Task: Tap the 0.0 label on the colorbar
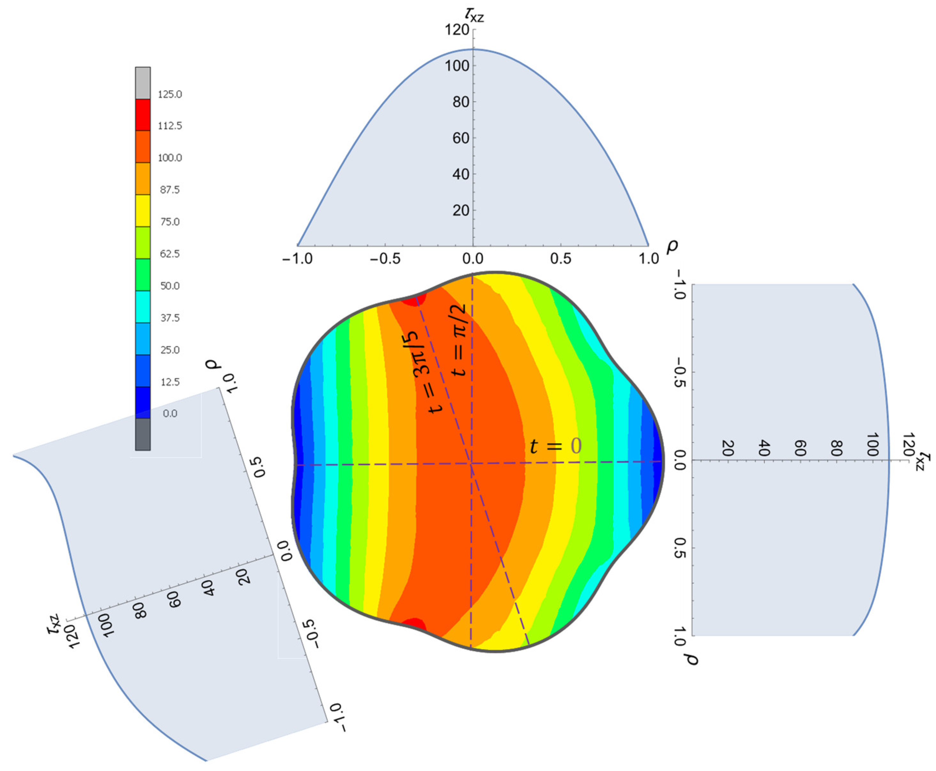[170, 414]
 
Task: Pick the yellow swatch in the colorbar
[143, 211]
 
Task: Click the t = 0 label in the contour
[555, 446]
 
